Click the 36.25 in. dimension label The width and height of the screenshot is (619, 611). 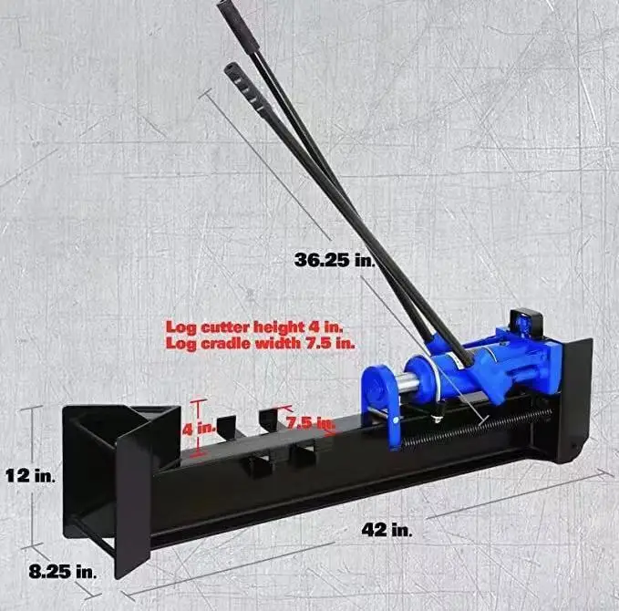[x=335, y=260]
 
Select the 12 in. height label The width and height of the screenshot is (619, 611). [x=30, y=475]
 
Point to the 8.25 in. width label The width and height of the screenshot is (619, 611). [x=61, y=572]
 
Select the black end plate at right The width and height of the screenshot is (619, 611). [x=576, y=392]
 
